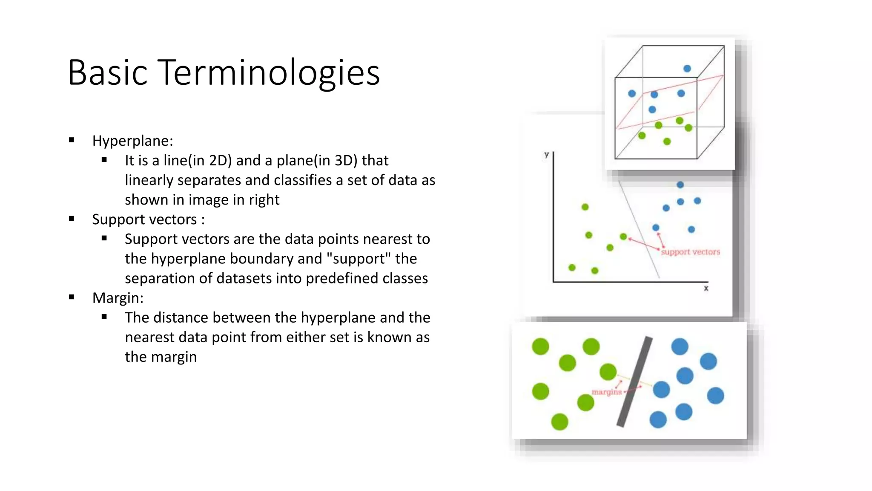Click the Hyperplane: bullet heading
pyautogui.click(x=132, y=141)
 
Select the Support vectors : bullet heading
pyautogui.click(x=148, y=220)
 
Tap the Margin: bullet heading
pyautogui.click(x=118, y=298)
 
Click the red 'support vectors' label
pyautogui.click(x=690, y=252)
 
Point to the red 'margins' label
pyautogui.click(x=606, y=392)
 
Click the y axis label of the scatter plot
pyautogui.click(x=546, y=154)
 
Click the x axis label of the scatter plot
pyautogui.click(x=706, y=289)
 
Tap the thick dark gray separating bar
pyautogui.click(x=634, y=382)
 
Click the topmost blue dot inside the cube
pyautogui.click(x=687, y=69)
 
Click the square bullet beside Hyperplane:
pyautogui.click(x=72, y=140)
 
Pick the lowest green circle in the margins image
pyautogui.click(x=559, y=422)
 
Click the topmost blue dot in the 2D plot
pyautogui.click(x=680, y=185)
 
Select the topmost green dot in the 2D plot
pyautogui.click(x=585, y=207)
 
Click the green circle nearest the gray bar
pyautogui.click(x=608, y=372)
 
